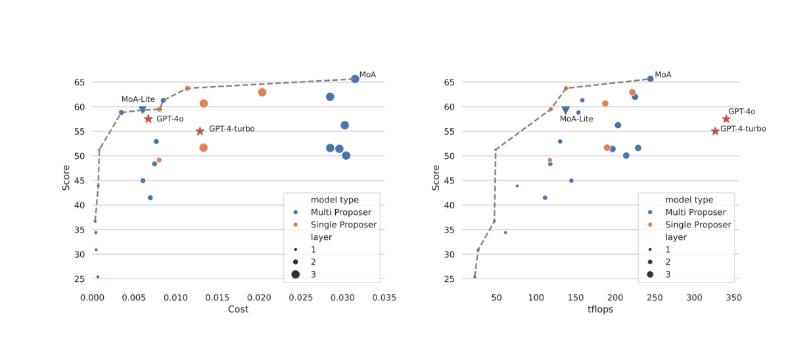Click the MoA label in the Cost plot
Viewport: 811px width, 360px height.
pos(367,75)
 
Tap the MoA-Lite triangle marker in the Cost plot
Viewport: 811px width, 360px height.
pos(143,110)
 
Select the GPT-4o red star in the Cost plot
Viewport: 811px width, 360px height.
pos(149,119)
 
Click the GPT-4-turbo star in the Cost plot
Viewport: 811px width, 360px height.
pos(200,131)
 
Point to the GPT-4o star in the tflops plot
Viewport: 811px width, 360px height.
pos(726,119)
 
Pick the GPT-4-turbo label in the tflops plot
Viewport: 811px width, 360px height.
pos(743,129)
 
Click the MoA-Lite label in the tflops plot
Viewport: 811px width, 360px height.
pos(576,119)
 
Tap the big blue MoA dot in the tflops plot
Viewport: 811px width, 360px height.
pos(651,79)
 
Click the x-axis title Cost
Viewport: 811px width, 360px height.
pos(238,309)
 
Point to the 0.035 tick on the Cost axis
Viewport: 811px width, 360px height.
pos(384,298)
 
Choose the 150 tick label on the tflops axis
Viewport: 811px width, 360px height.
pos(576,298)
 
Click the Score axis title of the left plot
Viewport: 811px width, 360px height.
pos(66,177)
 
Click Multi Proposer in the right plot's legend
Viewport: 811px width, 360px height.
pos(695,212)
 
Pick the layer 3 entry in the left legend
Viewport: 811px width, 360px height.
pos(313,275)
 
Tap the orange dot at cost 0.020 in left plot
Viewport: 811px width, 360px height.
pos(262,93)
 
